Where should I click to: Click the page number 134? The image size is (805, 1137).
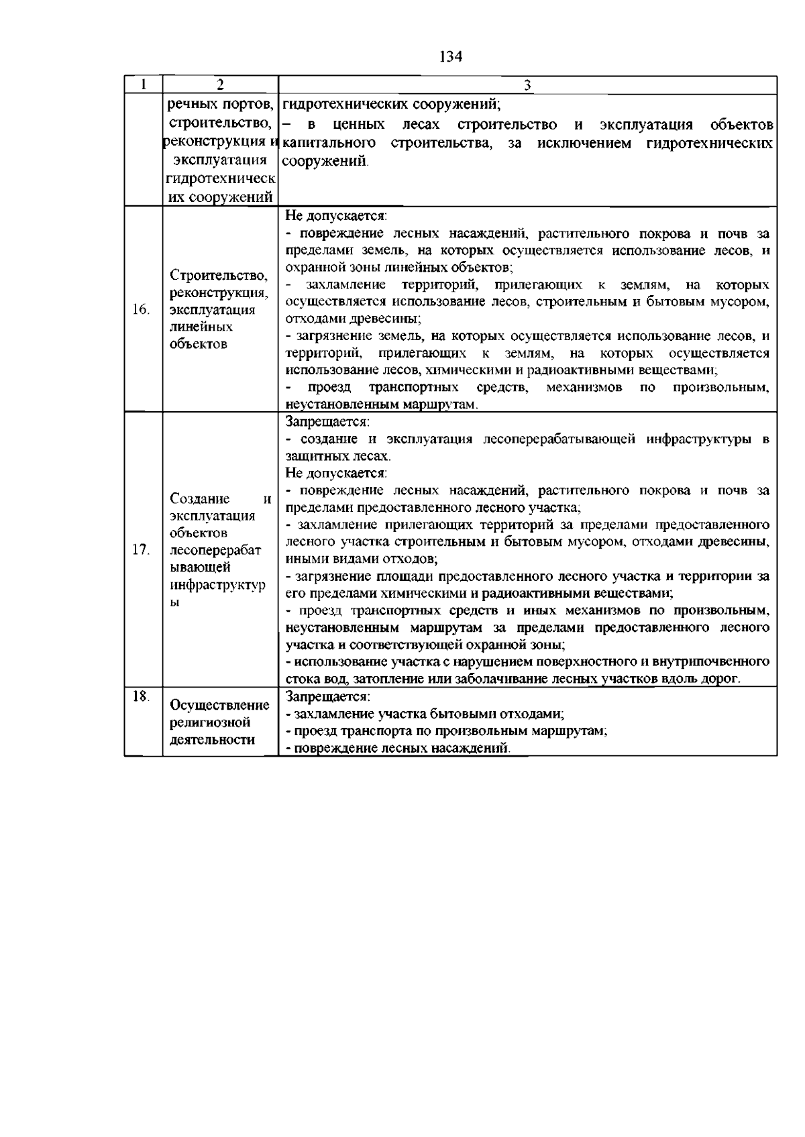tap(451, 57)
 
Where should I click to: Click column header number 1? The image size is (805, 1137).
tap(143, 85)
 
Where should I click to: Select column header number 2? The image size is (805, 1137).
tap(220, 85)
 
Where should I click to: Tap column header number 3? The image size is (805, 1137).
tap(527, 85)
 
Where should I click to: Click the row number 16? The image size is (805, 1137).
tap(141, 310)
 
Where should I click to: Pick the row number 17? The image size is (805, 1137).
tap(141, 550)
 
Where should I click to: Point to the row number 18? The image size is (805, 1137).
tap(140, 696)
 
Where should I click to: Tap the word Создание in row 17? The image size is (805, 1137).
tap(200, 499)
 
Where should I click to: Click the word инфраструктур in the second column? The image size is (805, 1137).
tap(217, 585)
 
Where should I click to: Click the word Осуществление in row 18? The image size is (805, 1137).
tap(220, 706)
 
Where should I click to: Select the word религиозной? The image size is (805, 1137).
tap(210, 723)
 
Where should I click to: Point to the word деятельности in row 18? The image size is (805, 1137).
tap(212, 741)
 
